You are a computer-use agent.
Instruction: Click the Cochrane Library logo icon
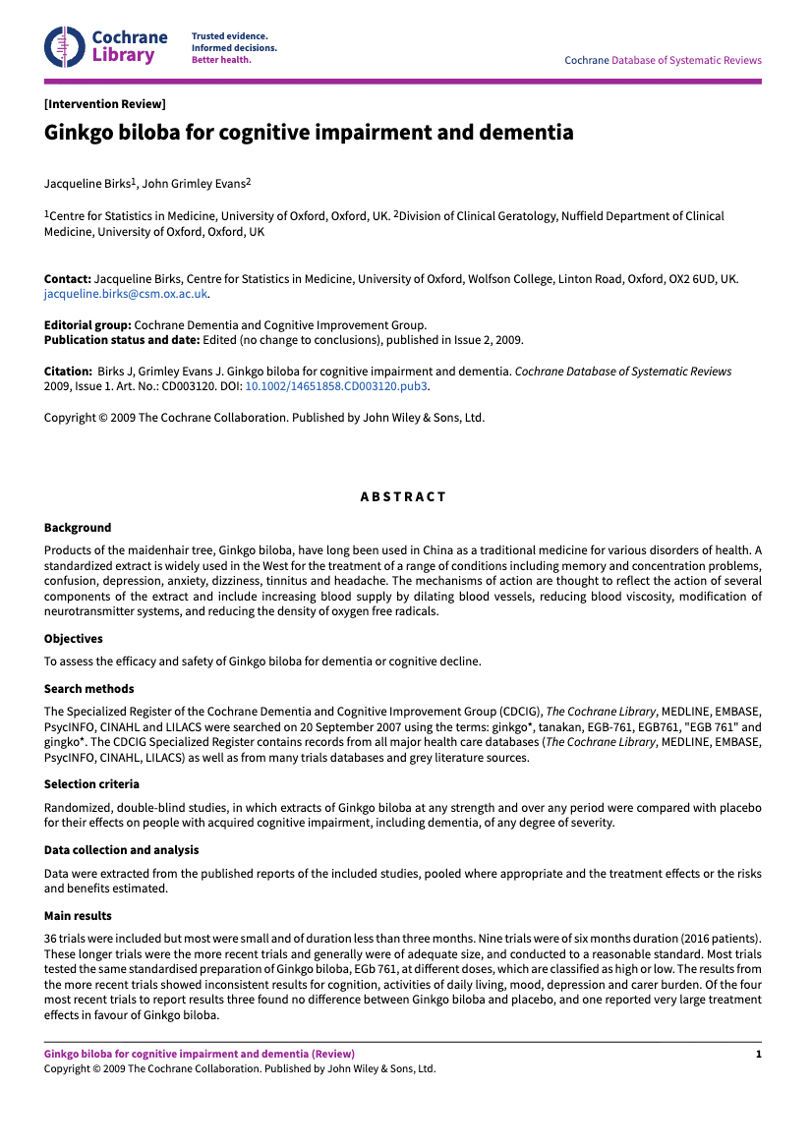click(x=64, y=46)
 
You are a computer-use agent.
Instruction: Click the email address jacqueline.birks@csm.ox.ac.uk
click(x=126, y=293)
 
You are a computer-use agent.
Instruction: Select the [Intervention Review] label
click(x=104, y=104)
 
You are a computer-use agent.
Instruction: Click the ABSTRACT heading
click(x=403, y=496)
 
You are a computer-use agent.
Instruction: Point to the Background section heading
click(x=78, y=528)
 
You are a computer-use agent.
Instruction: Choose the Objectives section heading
click(x=74, y=639)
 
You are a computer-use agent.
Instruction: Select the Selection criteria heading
click(x=91, y=784)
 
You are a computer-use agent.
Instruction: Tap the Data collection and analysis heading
click(x=121, y=849)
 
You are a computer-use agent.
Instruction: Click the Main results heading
click(x=78, y=916)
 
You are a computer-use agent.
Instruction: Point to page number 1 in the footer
click(x=758, y=1054)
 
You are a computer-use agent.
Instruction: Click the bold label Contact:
click(x=68, y=279)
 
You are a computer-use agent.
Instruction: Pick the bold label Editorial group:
click(x=87, y=325)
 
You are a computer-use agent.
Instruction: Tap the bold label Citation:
click(x=69, y=373)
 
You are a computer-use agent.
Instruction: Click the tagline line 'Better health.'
click(x=221, y=59)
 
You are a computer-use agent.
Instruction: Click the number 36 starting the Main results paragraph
click(x=51, y=939)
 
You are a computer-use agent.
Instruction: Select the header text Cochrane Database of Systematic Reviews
click(x=663, y=60)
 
